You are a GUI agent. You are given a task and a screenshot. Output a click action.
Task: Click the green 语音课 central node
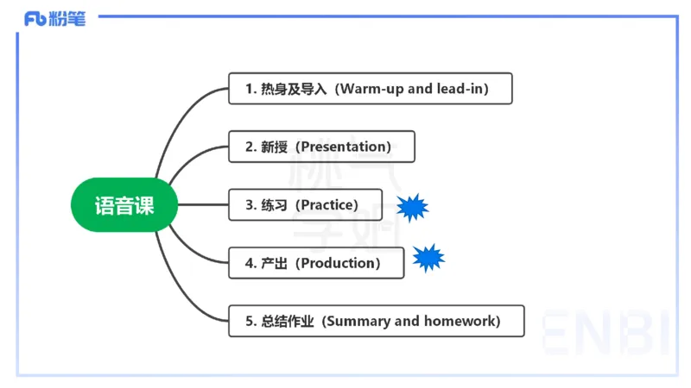pyautogui.click(x=124, y=205)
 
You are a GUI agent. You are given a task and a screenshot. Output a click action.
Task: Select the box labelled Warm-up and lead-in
pyautogui.click(x=370, y=89)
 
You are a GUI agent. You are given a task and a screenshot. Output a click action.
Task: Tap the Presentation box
pyautogui.click(x=321, y=147)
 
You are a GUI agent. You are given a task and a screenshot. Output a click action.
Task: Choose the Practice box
pyautogui.click(x=305, y=205)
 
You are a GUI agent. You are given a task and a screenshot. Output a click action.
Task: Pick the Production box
pyautogui.click(x=316, y=263)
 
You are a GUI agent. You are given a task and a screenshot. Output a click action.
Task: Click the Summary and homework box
pyautogui.click(x=376, y=321)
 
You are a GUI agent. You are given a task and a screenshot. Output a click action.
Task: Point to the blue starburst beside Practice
pyautogui.click(x=412, y=207)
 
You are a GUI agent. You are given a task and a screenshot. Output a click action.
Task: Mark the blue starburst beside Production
pyautogui.click(x=428, y=258)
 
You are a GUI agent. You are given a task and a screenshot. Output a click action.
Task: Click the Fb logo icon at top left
pyautogui.click(x=35, y=18)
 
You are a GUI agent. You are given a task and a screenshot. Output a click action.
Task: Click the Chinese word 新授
pyautogui.click(x=274, y=147)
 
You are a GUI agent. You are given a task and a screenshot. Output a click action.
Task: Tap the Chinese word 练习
pyautogui.click(x=274, y=205)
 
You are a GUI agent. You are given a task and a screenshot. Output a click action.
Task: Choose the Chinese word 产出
pyautogui.click(x=274, y=263)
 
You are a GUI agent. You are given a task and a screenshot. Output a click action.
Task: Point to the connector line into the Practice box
pyautogui.click(x=203, y=205)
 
